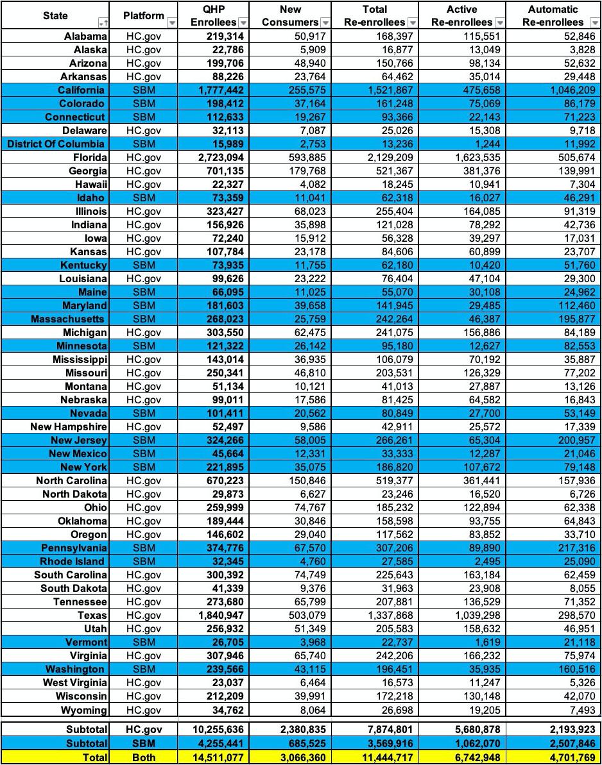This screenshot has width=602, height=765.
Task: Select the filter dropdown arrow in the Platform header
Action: coord(171,22)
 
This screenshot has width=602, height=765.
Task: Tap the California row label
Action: coord(80,90)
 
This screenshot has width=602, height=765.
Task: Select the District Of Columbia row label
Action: coord(56,144)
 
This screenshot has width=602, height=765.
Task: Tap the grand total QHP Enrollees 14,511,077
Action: coord(216,757)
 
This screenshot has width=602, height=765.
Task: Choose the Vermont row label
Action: coord(86,643)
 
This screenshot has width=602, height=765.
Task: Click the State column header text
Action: coord(55,15)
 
